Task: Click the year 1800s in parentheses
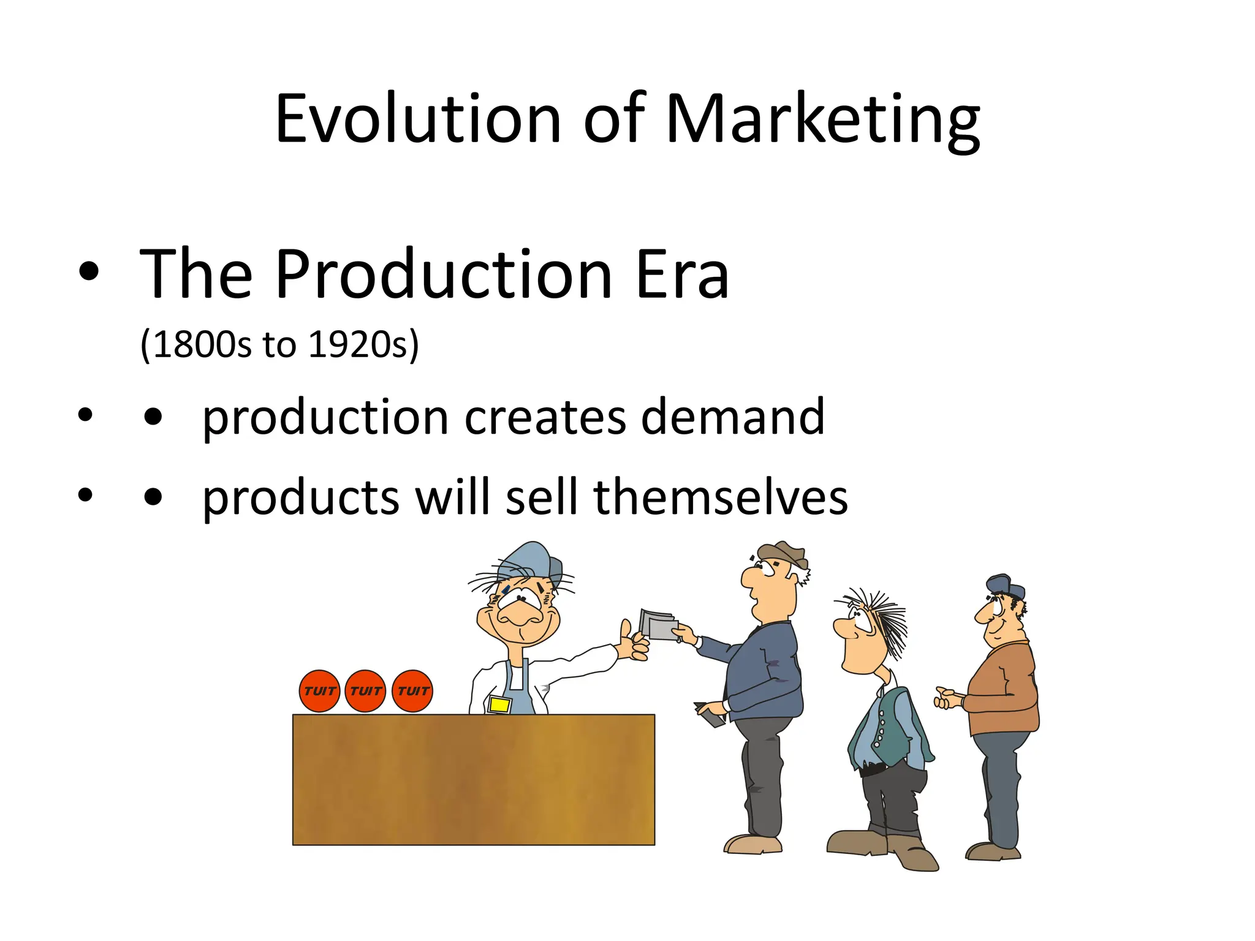[202, 344]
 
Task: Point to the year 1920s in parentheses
[358, 344]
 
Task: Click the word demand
[732, 417]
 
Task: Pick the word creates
[545, 417]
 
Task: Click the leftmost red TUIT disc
[319, 691]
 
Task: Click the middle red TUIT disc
[366, 691]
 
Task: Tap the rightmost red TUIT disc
[412, 691]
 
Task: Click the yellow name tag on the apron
[499, 705]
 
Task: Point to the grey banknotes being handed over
[659, 625]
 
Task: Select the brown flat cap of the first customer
[784, 553]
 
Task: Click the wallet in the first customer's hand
[710, 714]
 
